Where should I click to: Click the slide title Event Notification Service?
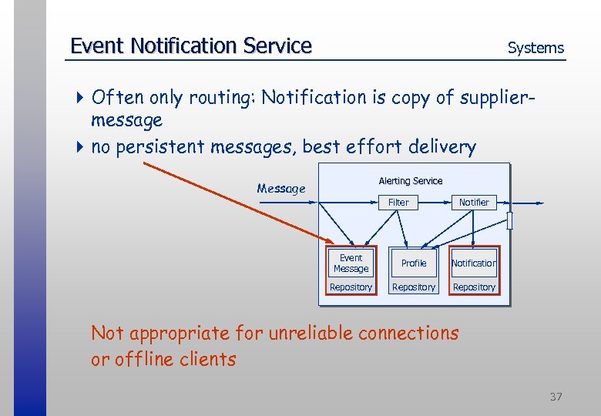[190, 46]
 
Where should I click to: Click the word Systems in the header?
[536, 48]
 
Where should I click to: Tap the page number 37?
[556, 397]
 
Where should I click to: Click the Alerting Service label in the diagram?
[411, 181]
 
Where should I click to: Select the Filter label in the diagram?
[398, 203]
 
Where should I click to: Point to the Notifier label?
[474, 203]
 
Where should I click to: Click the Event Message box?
[351, 263]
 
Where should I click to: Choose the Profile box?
[414, 263]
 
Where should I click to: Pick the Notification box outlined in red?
[474, 263]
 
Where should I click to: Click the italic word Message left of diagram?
[281, 189]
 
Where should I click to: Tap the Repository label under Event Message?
[351, 287]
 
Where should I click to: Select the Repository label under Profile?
[414, 287]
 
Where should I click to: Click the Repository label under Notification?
[474, 287]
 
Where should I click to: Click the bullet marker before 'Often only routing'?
[82, 98]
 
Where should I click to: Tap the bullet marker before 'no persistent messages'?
[82, 147]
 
